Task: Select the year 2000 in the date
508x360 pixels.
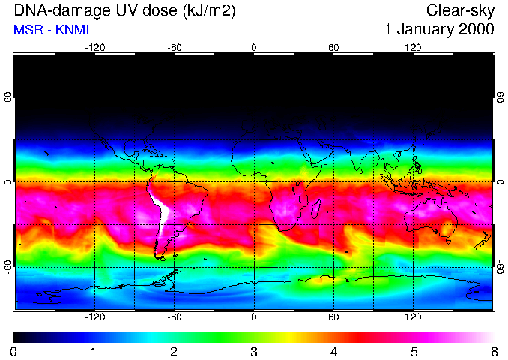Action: (x=476, y=30)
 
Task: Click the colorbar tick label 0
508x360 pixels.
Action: (x=14, y=351)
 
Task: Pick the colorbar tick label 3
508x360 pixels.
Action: (x=254, y=351)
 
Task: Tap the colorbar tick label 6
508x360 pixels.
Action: (x=494, y=351)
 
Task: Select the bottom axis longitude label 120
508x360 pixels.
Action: (x=413, y=317)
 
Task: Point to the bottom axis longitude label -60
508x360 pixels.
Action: (x=174, y=317)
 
